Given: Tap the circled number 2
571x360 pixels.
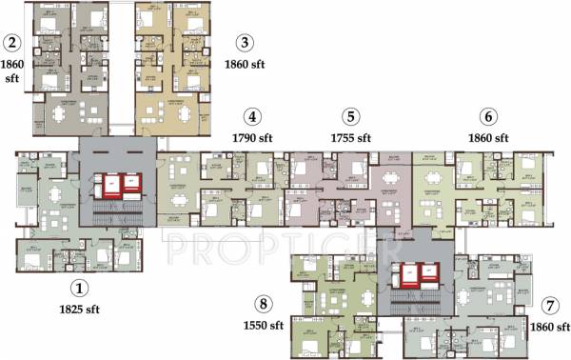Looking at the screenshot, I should click(x=11, y=43).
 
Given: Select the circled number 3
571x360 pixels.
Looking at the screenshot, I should click(x=246, y=43).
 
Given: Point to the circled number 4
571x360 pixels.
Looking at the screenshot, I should click(x=251, y=118).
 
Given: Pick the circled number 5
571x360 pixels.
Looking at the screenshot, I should click(x=352, y=117).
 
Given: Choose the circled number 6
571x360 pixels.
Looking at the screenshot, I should click(x=489, y=117).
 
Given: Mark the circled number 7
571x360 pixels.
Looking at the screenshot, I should click(x=549, y=306).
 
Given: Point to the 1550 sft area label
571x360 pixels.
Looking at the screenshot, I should click(x=263, y=327).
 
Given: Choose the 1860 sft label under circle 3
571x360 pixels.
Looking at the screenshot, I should click(x=246, y=65).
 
